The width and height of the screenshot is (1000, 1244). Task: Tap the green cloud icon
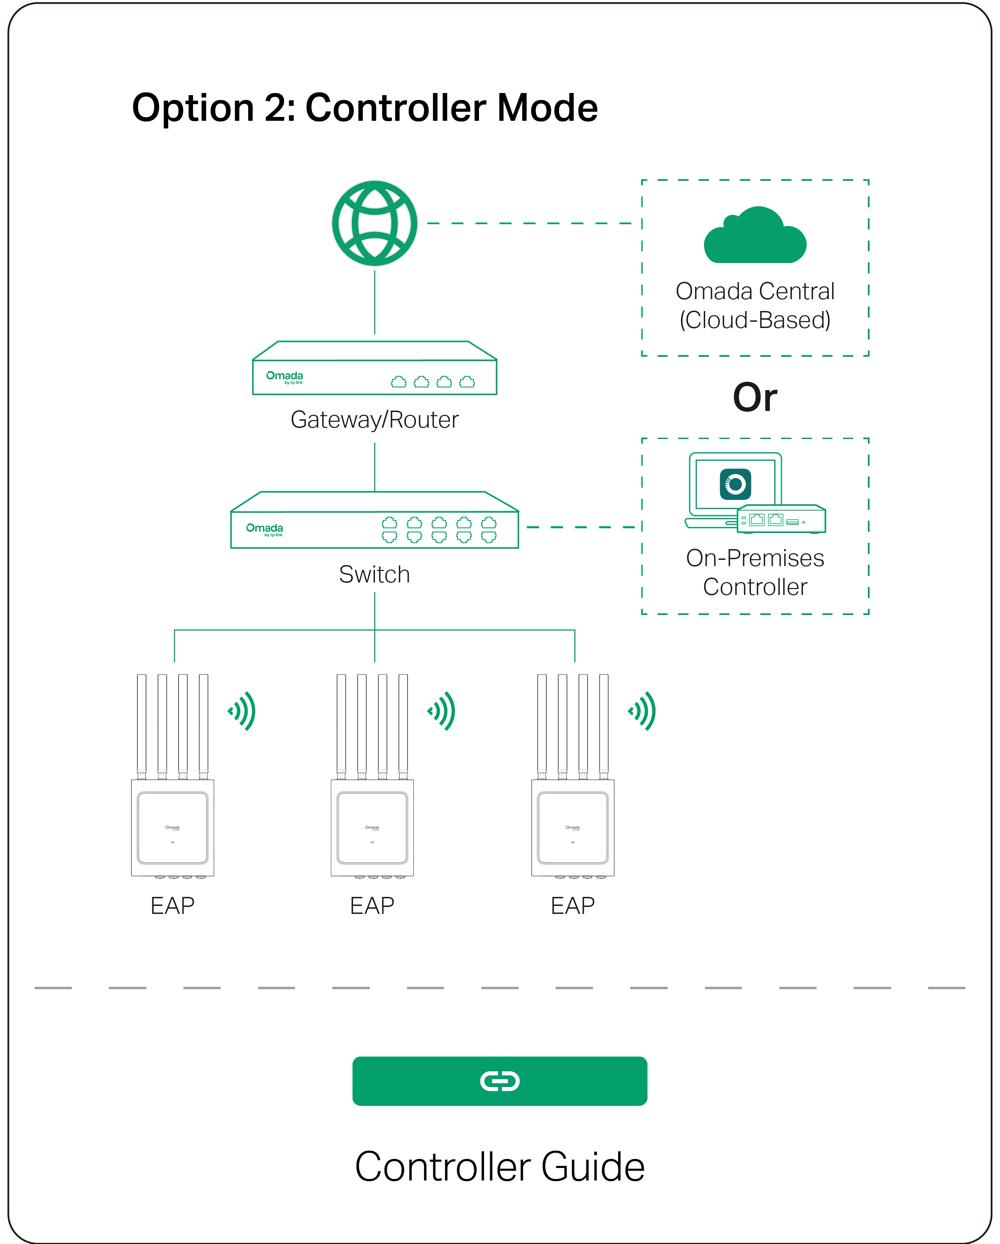pos(754,237)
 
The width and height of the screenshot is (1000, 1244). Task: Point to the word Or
pos(754,397)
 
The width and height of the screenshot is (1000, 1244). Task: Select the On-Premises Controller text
pos(754,572)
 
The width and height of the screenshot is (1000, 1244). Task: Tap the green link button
pos(499,1081)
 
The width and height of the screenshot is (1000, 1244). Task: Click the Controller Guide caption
pos(499,1166)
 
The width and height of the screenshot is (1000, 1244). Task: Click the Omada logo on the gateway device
pos(284,377)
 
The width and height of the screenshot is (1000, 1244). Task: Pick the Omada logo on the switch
pos(265,529)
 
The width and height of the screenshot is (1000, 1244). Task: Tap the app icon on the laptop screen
pos(735,484)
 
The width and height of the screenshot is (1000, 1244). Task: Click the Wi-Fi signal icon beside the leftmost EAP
pos(242,711)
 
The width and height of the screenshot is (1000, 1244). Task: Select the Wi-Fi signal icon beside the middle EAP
pos(442,711)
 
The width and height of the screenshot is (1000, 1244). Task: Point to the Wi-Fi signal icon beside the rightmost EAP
pos(642,711)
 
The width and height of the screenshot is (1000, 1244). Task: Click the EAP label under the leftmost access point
pos(172,905)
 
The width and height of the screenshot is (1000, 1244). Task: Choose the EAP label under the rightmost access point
pos(573,905)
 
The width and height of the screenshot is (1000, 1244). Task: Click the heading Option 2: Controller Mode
pos(365,108)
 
